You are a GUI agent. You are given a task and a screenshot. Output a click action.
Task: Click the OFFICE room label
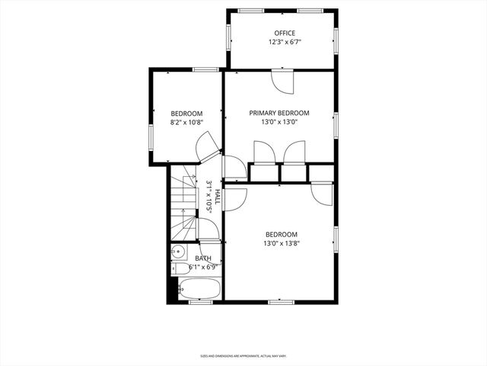285,33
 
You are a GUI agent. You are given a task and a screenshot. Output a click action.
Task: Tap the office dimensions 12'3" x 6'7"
285,42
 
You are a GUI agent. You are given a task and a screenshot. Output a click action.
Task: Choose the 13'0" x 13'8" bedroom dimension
281,243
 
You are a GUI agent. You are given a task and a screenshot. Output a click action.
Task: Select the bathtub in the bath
199,289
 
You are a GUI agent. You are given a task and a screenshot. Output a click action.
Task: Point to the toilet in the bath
177,268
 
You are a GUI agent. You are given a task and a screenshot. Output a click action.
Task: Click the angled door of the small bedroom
205,146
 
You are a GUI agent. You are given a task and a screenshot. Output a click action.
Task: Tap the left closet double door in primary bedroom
265,152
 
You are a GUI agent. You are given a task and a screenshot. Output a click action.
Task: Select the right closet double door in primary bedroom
294,152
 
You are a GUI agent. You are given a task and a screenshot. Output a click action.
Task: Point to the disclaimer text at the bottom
243,355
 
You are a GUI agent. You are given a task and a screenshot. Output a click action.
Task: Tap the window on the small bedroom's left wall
151,136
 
